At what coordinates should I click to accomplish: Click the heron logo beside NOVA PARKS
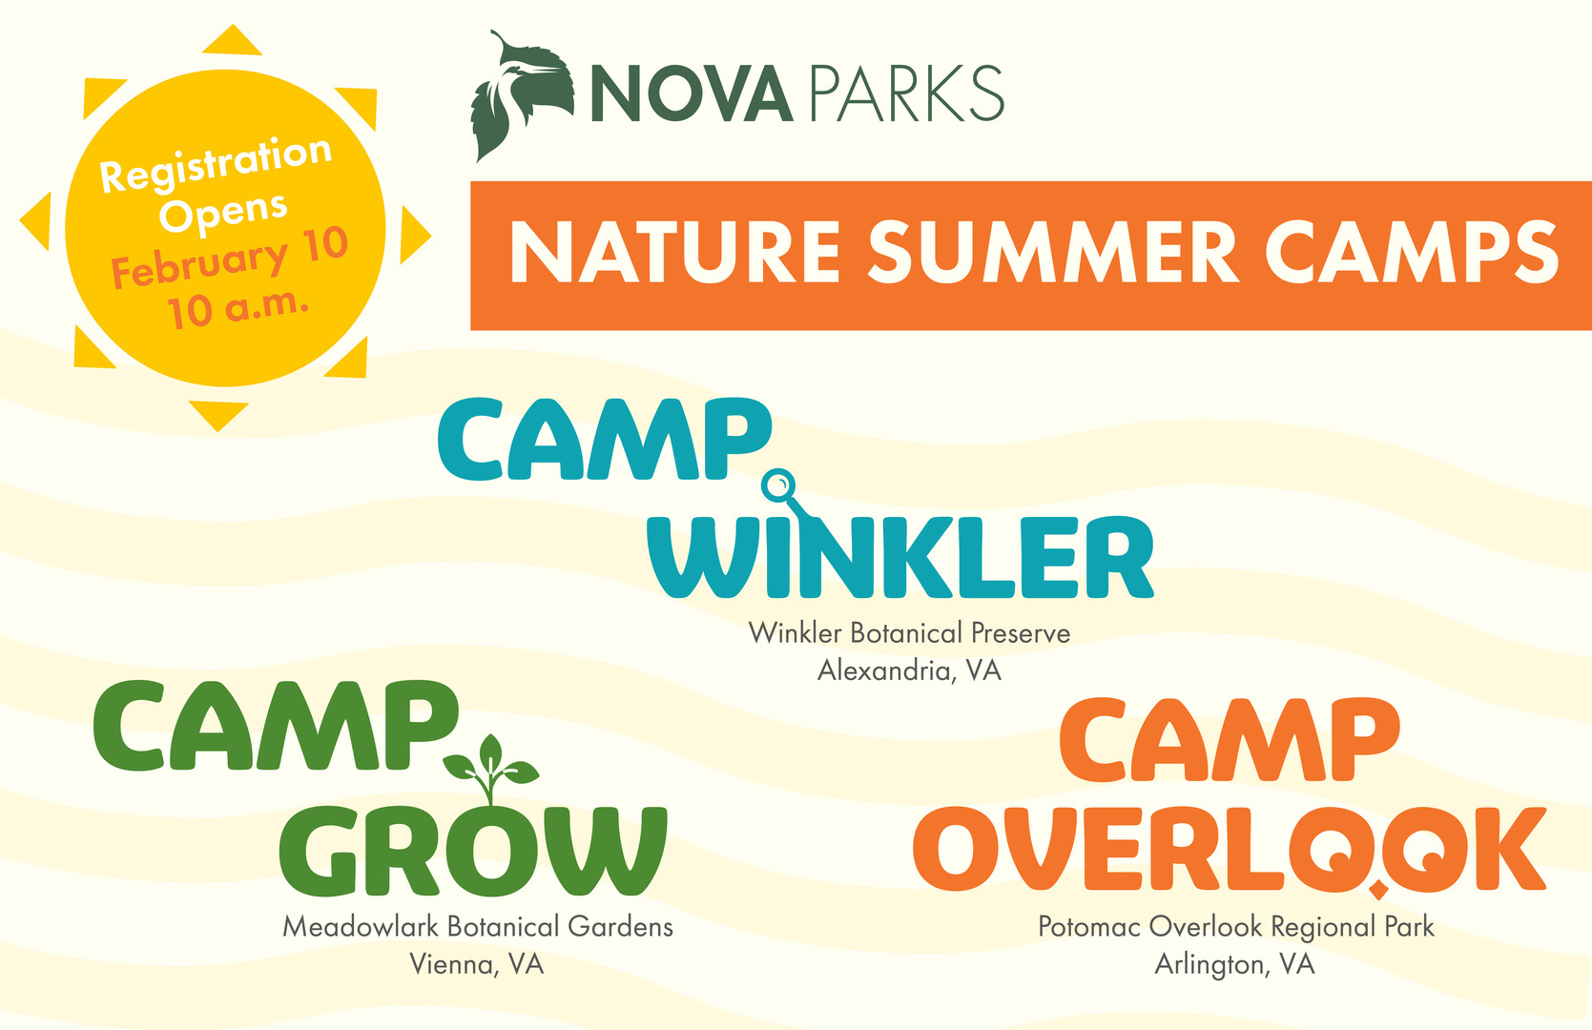(x=523, y=96)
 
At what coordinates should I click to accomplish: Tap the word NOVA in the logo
(x=692, y=93)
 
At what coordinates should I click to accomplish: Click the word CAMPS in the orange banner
(x=1412, y=253)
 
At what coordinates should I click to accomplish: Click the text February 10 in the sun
(x=230, y=258)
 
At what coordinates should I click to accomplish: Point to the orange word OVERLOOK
(x=1230, y=849)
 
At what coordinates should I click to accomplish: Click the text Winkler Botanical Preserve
(x=909, y=632)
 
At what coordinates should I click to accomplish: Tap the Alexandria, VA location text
(x=909, y=670)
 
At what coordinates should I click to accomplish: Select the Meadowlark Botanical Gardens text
(x=478, y=927)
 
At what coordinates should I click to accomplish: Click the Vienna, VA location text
(x=476, y=964)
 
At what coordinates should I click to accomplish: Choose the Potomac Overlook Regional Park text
(x=1236, y=927)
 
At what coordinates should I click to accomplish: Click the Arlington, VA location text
(x=1234, y=964)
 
